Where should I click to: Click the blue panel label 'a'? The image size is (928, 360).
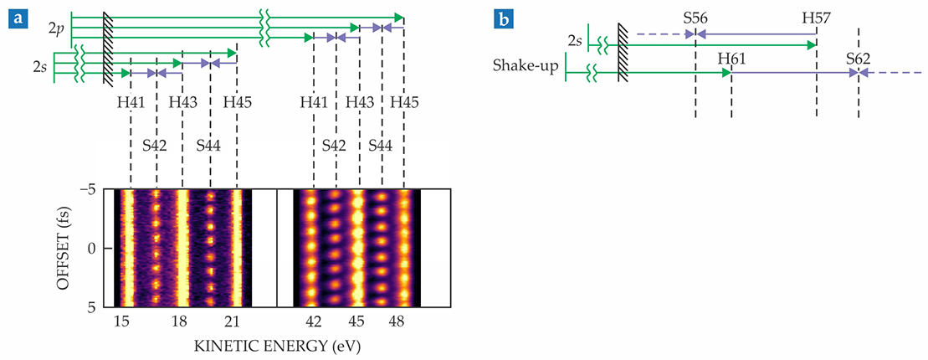pos(14,14)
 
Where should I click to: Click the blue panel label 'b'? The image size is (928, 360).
pos(504,14)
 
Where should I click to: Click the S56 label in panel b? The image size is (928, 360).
pos(695,17)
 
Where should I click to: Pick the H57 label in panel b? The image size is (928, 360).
pos(816,17)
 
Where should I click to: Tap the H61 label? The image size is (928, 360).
pos(731,58)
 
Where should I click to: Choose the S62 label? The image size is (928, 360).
pos(858,58)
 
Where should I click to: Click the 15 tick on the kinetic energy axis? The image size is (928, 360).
pos(122,322)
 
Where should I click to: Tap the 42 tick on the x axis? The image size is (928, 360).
pos(312,322)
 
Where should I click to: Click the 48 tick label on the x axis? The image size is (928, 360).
pos(403,322)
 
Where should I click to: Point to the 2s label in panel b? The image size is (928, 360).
pos(575,38)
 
